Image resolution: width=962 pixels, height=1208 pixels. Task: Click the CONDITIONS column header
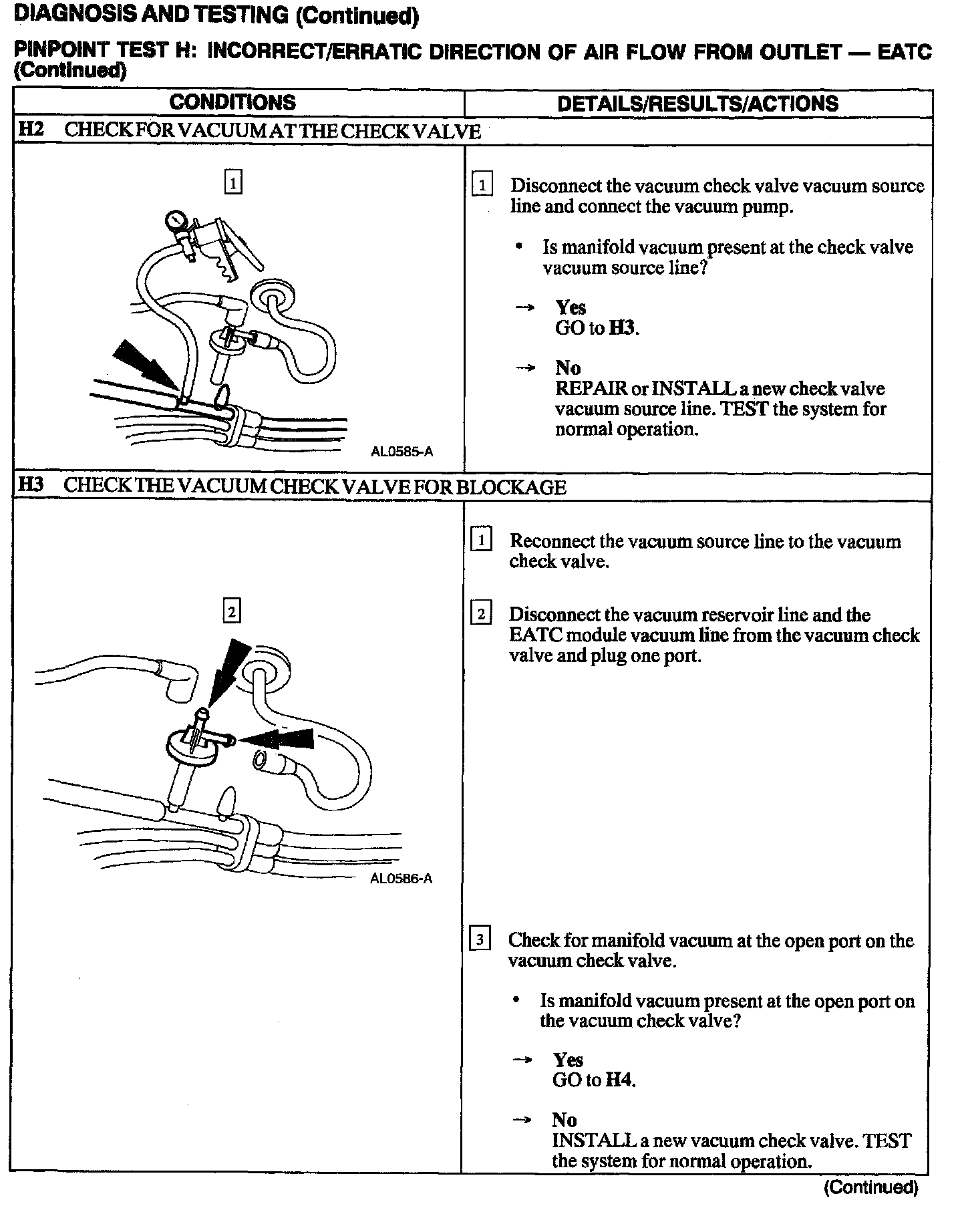pos(232,103)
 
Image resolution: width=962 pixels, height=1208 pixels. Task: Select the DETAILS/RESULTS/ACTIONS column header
pos(697,104)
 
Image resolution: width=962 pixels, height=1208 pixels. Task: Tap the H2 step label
pos(30,130)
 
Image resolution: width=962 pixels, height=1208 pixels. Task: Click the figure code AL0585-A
pos(402,452)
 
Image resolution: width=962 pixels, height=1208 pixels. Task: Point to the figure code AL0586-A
pos(401,879)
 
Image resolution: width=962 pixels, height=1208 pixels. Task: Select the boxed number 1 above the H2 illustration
pos(232,182)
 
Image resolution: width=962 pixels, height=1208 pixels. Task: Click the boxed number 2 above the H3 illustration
pos(231,611)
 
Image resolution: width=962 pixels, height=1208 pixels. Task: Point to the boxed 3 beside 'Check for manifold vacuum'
pos(480,940)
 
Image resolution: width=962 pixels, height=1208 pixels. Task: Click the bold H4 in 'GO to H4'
pos(619,1079)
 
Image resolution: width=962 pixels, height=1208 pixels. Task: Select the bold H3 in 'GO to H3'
pos(623,328)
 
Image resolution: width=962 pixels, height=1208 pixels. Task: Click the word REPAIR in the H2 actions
pos(591,389)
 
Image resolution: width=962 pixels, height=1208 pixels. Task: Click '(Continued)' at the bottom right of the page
pos(870,1187)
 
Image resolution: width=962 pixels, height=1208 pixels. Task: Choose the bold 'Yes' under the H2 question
pos(570,307)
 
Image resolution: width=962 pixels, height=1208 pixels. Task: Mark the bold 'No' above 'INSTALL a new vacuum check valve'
pos(565,1120)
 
